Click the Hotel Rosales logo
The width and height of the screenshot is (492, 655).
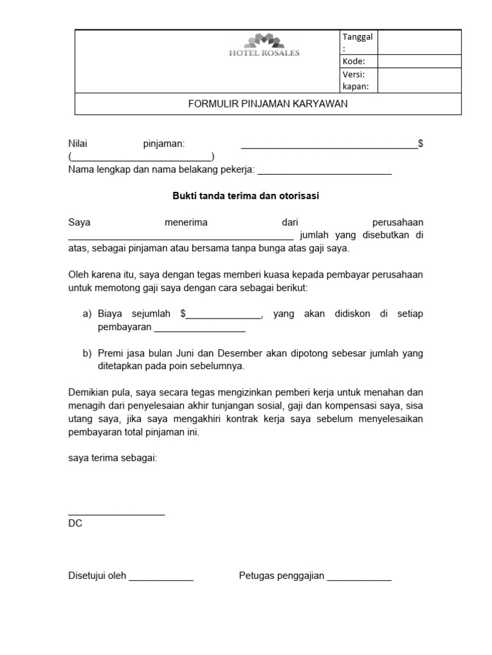coord(263,47)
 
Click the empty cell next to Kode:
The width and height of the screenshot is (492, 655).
coord(419,61)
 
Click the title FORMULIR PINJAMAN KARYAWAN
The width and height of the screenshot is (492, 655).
coord(268,104)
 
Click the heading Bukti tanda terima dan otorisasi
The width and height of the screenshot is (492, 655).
coord(245,196)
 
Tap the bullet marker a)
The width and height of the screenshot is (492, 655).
coord(88,314)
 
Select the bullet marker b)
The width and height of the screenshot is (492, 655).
coord(88,353)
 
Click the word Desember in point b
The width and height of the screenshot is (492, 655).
coord(240,353)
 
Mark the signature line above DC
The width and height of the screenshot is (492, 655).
coord(116,514)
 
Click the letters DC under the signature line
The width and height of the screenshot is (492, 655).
coord(75,523)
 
